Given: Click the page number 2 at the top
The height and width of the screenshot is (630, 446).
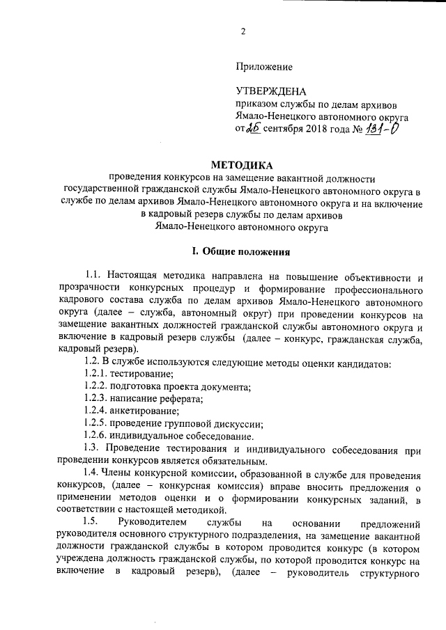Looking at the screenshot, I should point(243,31).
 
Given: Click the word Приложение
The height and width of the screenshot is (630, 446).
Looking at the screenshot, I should point(265,67).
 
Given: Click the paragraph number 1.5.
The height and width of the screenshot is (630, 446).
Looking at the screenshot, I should point(91,523).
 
